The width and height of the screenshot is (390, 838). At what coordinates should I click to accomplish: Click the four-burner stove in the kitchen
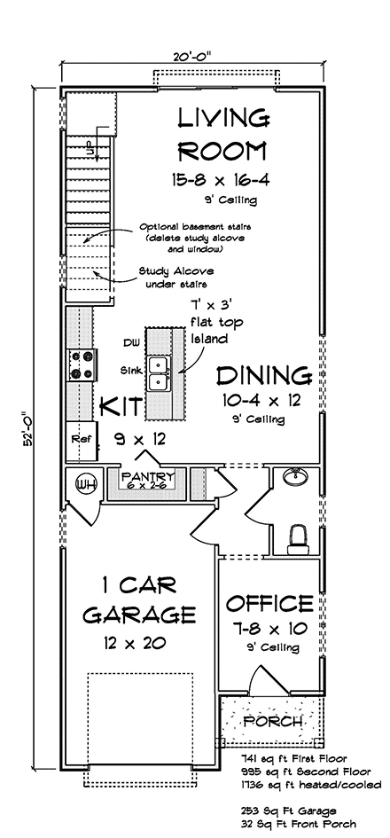(x=82, y=364)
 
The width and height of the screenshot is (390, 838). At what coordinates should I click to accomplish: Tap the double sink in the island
(x=160, y=372)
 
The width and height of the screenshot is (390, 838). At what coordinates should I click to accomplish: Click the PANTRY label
(x=148, y=475)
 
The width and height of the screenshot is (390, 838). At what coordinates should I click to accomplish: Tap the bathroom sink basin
(x=294, y=475)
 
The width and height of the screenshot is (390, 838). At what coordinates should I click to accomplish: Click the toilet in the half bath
(x=298, y=539)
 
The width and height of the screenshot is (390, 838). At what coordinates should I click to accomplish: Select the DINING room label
(x=264, y=376)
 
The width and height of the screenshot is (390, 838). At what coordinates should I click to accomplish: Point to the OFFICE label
(x=269, y=603)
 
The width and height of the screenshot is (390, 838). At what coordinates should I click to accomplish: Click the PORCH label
(x=272, y=722)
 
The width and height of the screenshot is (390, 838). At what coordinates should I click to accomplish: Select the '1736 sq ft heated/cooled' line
(x=311, y=785)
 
